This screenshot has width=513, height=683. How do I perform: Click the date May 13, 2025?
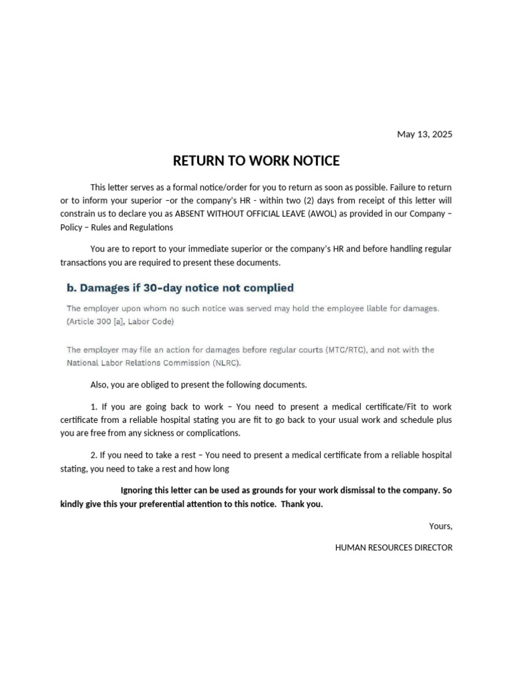424,134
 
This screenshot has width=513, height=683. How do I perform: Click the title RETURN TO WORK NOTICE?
256,161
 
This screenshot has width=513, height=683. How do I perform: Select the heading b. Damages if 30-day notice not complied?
180,288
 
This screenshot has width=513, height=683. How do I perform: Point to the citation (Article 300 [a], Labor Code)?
120,321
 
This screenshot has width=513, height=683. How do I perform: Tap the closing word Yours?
440,526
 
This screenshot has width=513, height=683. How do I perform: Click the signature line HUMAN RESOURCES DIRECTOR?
393,548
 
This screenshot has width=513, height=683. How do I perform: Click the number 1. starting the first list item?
94,406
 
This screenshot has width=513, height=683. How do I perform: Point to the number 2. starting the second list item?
94,455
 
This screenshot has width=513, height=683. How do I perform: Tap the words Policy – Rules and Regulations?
116,227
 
